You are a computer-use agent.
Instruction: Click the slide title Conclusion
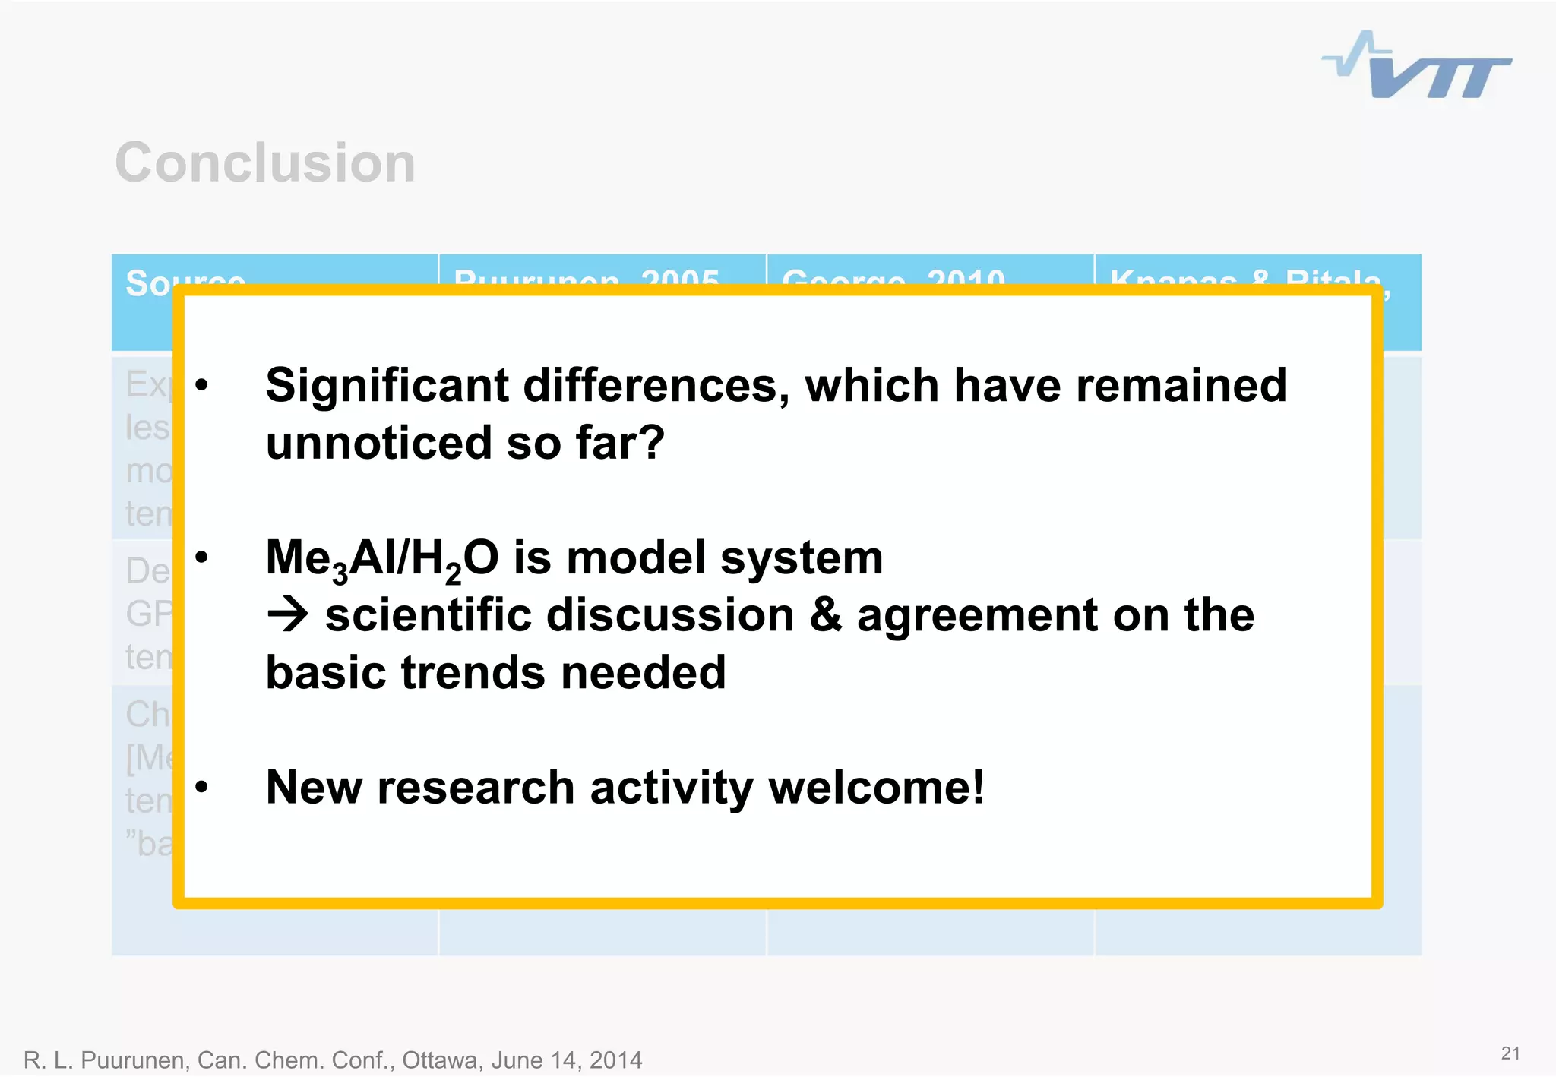(265, 163)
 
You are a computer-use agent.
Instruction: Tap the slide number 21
(1510, 1053)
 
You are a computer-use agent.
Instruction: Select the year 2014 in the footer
(615, 1060)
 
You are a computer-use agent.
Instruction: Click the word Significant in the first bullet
(386, 386)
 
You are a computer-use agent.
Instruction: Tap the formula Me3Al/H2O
(381, 559)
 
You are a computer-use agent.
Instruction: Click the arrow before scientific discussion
(288, 615)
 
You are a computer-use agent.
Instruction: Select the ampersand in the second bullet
(825, 615)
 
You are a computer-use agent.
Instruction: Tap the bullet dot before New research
(201, 788)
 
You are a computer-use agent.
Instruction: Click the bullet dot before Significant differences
(201, 386)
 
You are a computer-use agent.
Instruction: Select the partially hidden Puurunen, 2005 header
(586, 274)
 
